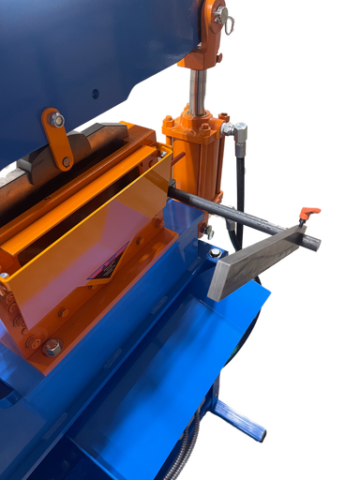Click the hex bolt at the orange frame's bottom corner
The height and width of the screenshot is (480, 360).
(x=52, y=347)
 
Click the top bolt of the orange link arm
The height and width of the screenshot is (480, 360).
(x=57, y=120)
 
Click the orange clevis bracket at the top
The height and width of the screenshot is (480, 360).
(x=212, y=28)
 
